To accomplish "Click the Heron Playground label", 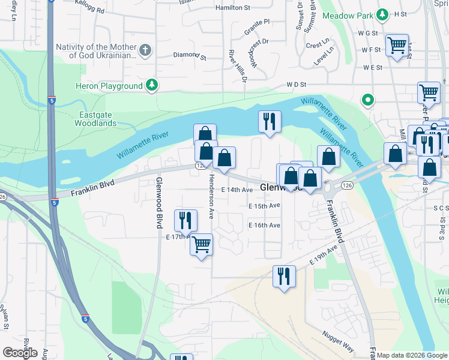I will click(x=109, y=86).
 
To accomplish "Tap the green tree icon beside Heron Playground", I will click(x=152, y=85).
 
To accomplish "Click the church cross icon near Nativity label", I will click(x=145, y=51).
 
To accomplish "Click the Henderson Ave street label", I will click(x=211, y=196).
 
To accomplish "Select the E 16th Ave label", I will click(x=265, y=225).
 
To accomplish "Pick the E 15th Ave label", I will click(x=265, y=205).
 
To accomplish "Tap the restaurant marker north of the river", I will click(x=270, y=122).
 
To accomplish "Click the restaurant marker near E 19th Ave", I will click(x=283, y=276).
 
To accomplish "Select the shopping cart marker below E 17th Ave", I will click(x=202, y=244).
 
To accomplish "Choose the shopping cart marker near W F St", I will click(x=397, y=44).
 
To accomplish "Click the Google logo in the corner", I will click(x=20, y=353).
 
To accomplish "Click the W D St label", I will click(x=297, y=85).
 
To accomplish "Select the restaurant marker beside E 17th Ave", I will click(x=185, y=220).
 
